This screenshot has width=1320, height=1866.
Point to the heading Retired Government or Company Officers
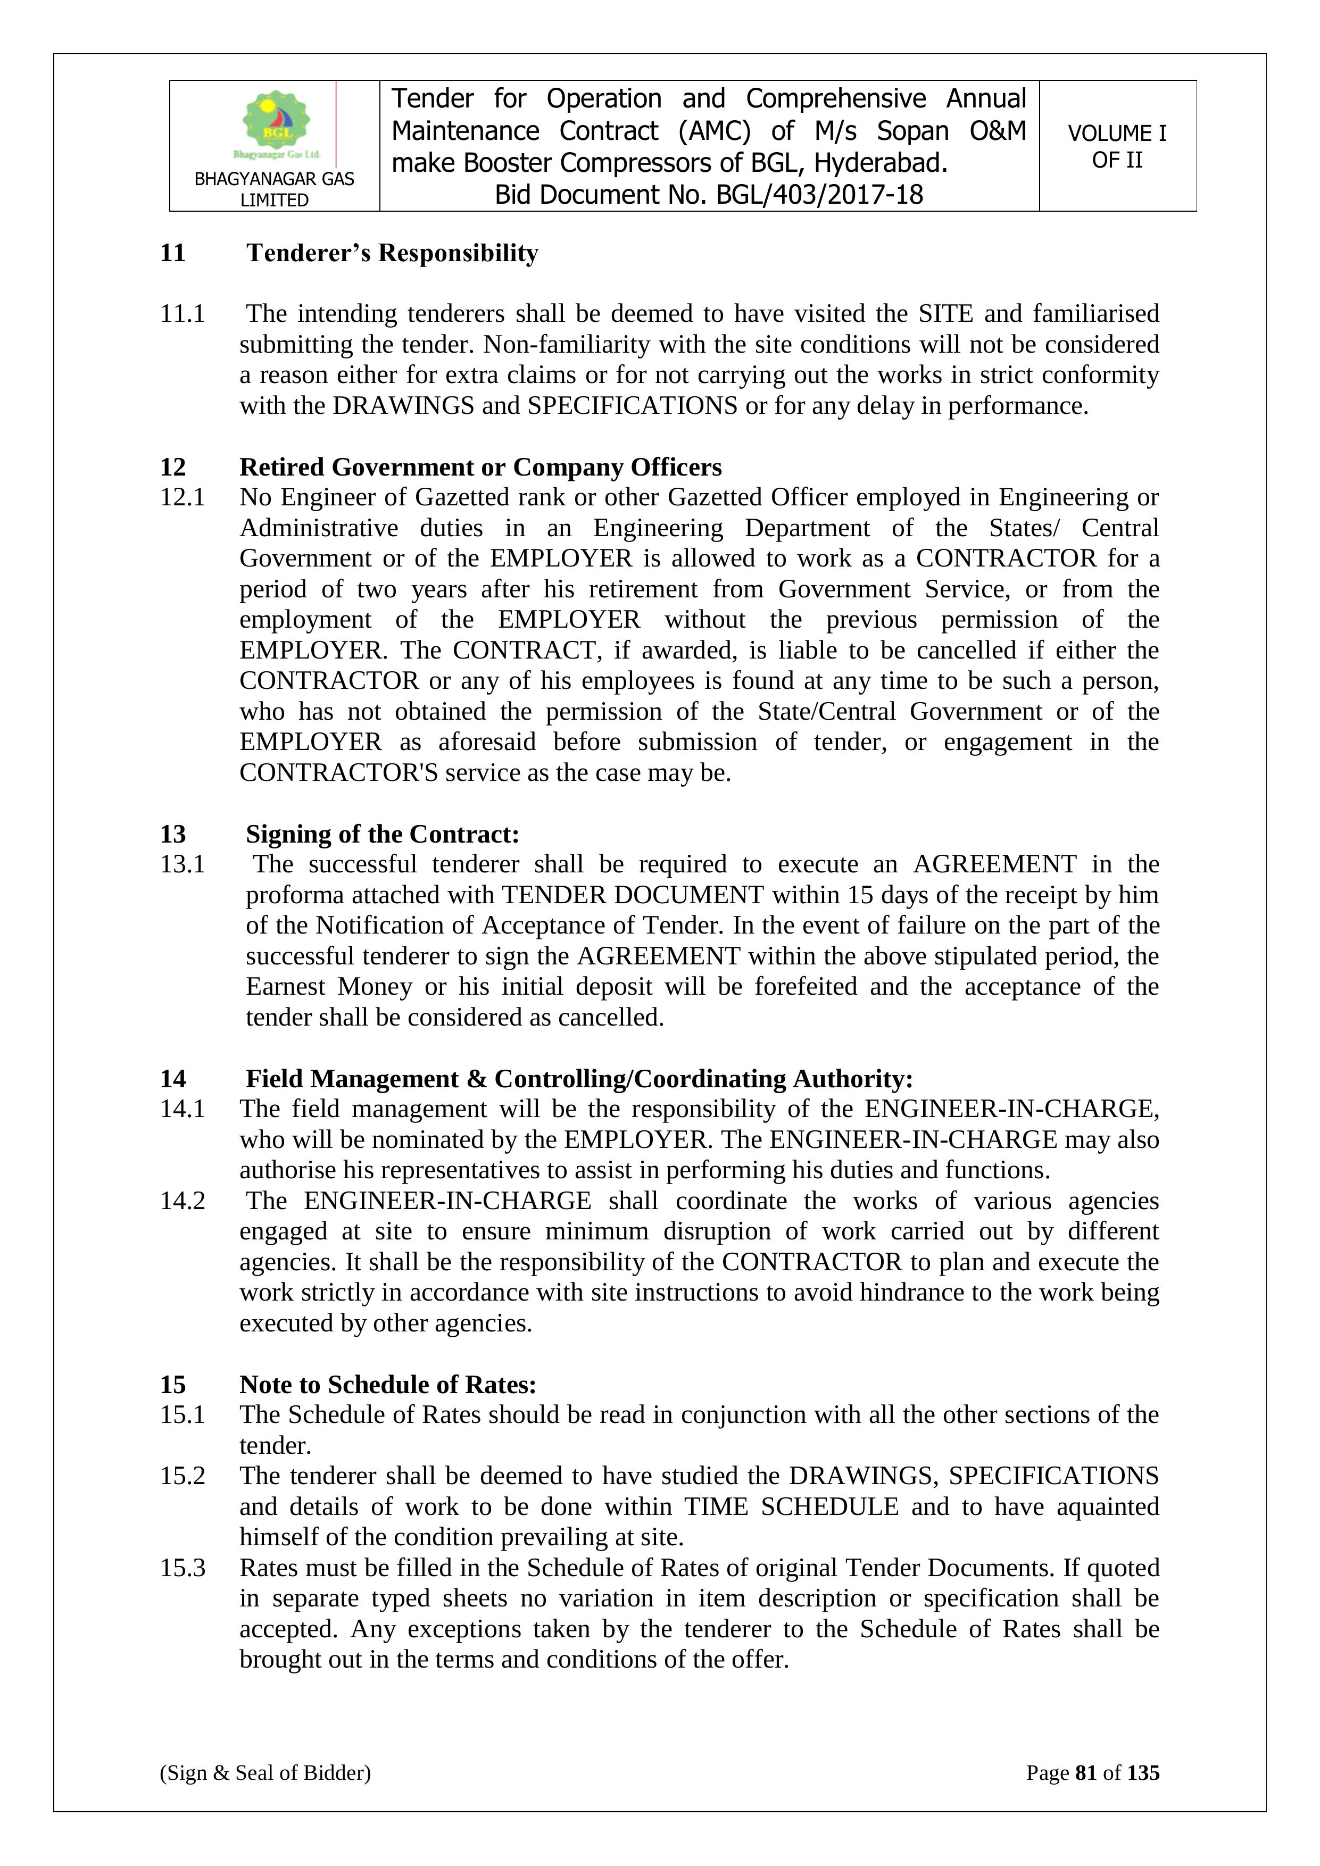point(480,468)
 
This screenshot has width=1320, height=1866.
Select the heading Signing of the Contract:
point(382,835)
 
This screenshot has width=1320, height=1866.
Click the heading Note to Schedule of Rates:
point(388,1384)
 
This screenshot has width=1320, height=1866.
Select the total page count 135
point(1143,1772)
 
